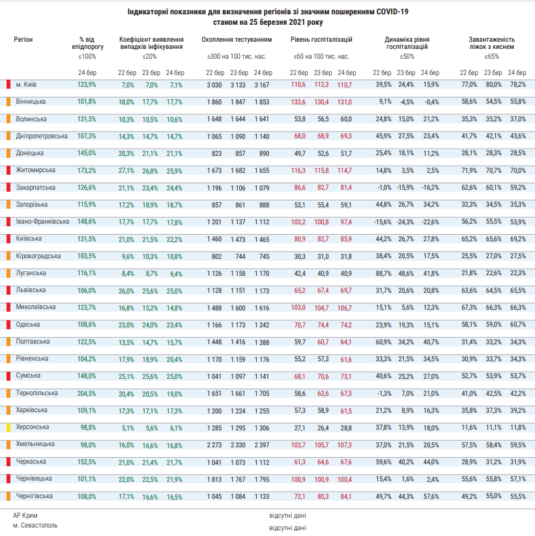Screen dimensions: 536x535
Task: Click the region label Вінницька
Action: [x=30, y=102]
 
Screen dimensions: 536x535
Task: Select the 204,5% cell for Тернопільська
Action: [x=87, y=393]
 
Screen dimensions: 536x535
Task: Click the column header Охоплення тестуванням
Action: [x=237, y=40]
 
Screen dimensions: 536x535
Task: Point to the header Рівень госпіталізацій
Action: [x=321, y=40]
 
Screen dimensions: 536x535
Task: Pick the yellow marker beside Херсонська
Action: [x=7, y=427]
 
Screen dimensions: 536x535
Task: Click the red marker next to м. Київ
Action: [x=7, y=85]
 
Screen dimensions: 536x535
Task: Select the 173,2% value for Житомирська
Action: [x=87, y=170]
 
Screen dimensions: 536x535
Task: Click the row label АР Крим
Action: [x=25, y=515]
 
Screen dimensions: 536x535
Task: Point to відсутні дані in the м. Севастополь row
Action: [x=287, y=526]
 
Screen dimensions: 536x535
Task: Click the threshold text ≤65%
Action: [x=491, y=57]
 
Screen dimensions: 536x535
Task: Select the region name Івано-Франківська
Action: [x=42, y=222]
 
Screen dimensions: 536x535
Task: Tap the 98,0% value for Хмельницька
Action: [x=87, y=444]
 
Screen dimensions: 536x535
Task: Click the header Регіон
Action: [x=23, y=40]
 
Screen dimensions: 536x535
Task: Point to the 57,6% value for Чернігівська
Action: [x=430, y=496]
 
